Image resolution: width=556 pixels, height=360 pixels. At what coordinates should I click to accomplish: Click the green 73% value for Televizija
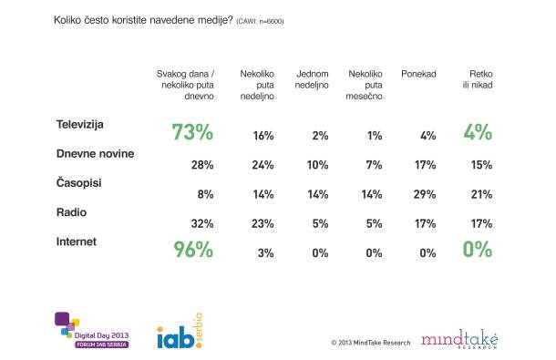[x=192, y=132]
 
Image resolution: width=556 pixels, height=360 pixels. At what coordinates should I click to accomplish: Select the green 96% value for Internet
[x=193, y=250]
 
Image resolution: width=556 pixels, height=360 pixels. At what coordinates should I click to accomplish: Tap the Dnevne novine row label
[x=95, y=154]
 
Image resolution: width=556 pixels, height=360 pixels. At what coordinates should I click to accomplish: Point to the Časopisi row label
[x=78, y=182]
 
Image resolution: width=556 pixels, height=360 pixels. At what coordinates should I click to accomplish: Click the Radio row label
[x=71, y=212]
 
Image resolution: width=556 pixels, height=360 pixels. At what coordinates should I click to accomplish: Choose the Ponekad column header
[x=418, y=74]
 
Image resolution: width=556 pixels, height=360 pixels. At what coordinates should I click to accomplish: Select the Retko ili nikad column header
[x=478, y=79]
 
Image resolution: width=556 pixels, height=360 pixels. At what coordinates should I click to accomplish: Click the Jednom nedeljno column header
[x=312, y=79]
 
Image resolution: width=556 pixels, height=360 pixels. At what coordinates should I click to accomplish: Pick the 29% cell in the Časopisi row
[x=425, y=194]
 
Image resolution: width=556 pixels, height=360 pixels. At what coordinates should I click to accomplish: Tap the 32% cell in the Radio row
[x=202, y=224]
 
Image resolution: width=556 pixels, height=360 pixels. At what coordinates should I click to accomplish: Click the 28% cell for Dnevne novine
[x=202, y=165]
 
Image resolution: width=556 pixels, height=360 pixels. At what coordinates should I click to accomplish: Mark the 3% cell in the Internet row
[x=265, y=253]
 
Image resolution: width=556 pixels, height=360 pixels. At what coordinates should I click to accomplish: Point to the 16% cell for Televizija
[x=263, y=136]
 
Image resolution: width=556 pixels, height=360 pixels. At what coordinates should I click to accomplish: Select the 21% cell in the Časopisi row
[x=481, y=194]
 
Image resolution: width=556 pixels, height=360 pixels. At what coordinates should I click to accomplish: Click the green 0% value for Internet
[x=478, y=250]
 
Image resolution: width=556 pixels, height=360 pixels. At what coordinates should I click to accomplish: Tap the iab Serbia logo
[x=180, y=331]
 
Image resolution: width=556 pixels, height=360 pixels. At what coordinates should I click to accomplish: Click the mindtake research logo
[x=459, y=339]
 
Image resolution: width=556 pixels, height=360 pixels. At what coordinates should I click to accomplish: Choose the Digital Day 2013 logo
[x=92, y=330]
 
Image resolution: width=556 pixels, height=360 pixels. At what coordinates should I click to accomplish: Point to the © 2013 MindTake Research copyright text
[x=371, y=343]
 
